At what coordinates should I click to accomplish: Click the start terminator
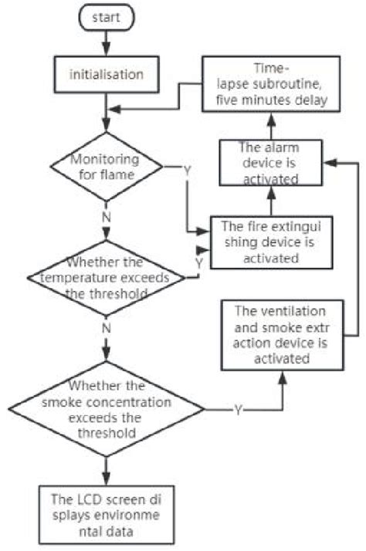point(107,17)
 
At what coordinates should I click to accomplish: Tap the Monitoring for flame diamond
point(106,166)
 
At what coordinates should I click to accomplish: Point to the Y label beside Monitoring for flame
point(187,169)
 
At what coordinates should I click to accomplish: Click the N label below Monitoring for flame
point(106,217)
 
